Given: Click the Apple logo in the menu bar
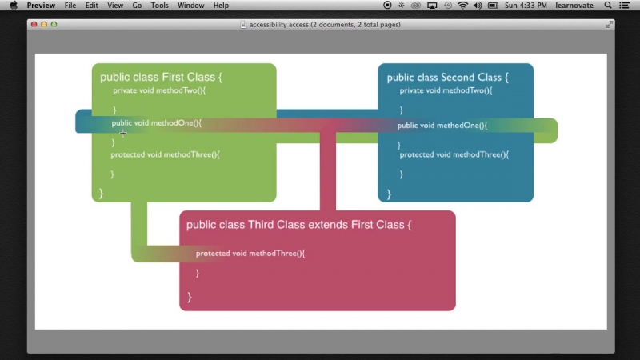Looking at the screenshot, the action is pyautogui.click(x=14, y=6).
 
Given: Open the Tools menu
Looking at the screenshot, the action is pyautogui.click(x=159, y=6).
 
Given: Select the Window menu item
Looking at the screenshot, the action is pyautogui.click(x=190, y=6).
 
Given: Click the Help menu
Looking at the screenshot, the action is pyautogui.click(x=221, y=6).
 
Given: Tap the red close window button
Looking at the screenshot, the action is pyautogui.click(x=34, y=25).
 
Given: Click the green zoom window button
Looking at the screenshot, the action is pyautogui.click(x=54, y=25).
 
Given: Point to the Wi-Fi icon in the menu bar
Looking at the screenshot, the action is pyautogui.click(x=462, y=6).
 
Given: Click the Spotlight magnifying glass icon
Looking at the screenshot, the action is pyautogui.click(x=608, y=6).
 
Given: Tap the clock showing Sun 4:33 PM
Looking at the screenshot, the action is pyautogui.click(x=526, y=6).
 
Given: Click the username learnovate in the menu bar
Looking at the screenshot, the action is pyautogui.click(x=574, y=6).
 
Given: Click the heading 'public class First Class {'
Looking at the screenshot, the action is pyautogui.click(x=162, y=77).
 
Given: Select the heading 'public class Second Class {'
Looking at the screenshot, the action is pyautogui.click(x=448, y=77).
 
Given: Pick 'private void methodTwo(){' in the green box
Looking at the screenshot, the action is pyautogui.click(x=159, y=90).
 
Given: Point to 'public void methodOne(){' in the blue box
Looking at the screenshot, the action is pyautogui.click(x=442, y=126).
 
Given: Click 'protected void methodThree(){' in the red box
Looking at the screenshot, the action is pyautogui.click(x=250, y=254).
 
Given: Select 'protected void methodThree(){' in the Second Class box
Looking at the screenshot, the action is pyautogui.click(x=454, y=154).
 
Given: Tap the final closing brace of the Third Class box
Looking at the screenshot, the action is pyautogui.click(x=190, y=297).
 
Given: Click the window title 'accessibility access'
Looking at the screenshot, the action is pyautogui.click(x=278, y=25).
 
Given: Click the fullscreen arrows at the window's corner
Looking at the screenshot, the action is pyautogui.click(x=609, y=25).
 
